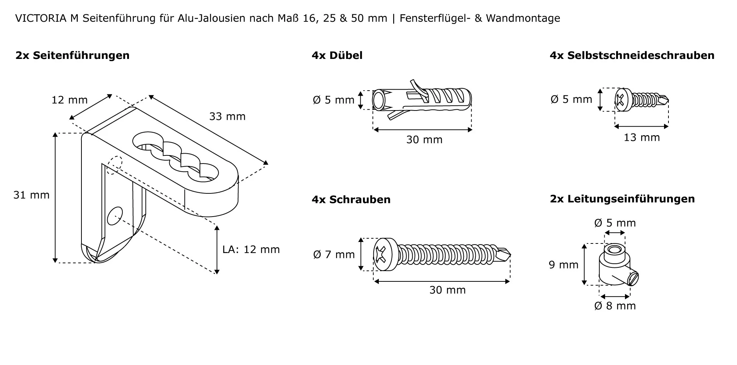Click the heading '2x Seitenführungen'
click(x=72, y=56)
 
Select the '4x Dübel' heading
click(x=337, y=56)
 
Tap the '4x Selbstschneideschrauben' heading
click(x=632, y=56)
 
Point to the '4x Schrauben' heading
click(x=351, y=200)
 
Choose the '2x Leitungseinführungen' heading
click(x=622, y=199)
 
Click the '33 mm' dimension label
click(x=227, y=116)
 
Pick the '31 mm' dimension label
click(x=31, y=195)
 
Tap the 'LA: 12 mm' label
click(x=251, y=249)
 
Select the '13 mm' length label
click(x=642, y=137)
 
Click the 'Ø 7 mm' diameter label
click(x=334, y=255)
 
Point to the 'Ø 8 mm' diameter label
click(x=615, y=306)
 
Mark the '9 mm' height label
click(x=563, y=265)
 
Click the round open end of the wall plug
click(x=378, y=100)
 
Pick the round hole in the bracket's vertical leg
click(x=115, y=215)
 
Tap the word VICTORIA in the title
click(x=41, y=18)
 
